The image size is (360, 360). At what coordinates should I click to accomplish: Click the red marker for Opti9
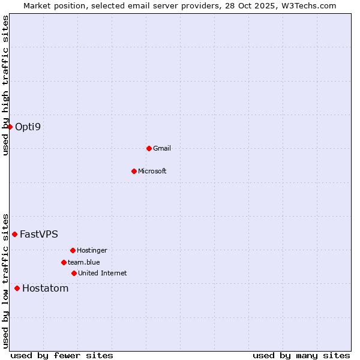[x=10, y=127]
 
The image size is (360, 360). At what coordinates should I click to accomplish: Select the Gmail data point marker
[x=149, y=148]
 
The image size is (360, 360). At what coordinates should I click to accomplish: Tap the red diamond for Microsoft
[x=134, y=171]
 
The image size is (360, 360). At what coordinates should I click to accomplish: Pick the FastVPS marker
[x=14, y=234]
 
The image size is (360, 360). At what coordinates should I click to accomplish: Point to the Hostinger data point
[x=73, y=250]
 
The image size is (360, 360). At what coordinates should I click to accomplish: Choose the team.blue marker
[x=64, y=262]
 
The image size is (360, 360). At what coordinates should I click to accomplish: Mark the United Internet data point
[x=74, y=273]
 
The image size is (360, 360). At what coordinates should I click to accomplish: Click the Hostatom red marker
[x=17, y=288]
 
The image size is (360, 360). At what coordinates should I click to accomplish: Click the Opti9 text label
[x=28, y=127]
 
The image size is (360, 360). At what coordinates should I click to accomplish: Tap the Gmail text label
[x=162, y=148]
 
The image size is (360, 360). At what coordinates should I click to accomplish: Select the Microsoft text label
[x=152, y=171]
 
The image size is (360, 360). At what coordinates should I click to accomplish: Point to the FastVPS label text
[x=39, y=234]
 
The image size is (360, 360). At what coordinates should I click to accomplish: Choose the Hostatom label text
[x=45, y=288]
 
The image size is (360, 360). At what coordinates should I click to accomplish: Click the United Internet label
[x=102, y=273]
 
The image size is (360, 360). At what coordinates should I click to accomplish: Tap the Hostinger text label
[x=92, y=250]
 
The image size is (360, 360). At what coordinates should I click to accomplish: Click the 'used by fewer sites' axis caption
[x=62, y=355]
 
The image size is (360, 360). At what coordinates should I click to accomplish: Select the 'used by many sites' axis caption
[x=301, y=355]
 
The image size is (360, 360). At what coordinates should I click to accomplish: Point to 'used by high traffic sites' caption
[x=6, y=85]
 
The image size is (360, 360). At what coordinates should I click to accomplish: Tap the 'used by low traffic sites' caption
[x=6, y=280]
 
